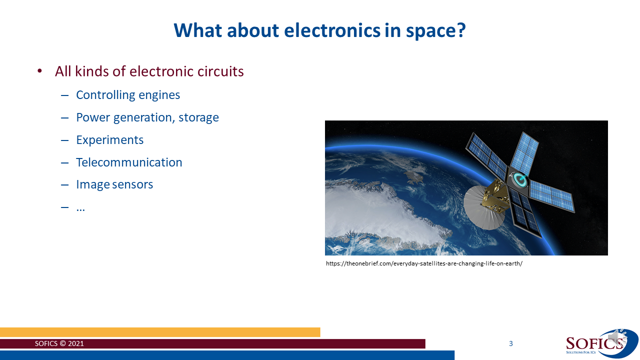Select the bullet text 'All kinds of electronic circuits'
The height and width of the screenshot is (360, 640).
pyautogui.click(x=149, y=71)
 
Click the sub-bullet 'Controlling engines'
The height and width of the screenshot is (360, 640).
pyautogui.click(x=128, y=95)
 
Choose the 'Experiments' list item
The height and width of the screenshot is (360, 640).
pyautogui.click(x=109, y=140)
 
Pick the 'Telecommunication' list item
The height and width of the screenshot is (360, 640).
pyautogui.click(x=129, y=162)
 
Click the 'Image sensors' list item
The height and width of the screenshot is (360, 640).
pyautogui.click(x=114, y=184)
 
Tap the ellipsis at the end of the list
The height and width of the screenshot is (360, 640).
pyautogui.click(x=80, y=208)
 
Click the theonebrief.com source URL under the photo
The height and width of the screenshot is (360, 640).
pyautogui.click(x=424, y=263)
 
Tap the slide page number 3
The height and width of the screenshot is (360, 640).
pyautogui.click(x=510, y=343)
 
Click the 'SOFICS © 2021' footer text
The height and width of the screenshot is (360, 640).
pyautogui.click(x=59, y=344)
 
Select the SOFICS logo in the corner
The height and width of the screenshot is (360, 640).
pyautogui.click(x=595, y=343)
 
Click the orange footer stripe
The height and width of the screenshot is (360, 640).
pyautogui.click(x=160, y=332)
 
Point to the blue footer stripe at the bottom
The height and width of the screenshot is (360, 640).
pyautogui.click(x=225, y=355)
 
